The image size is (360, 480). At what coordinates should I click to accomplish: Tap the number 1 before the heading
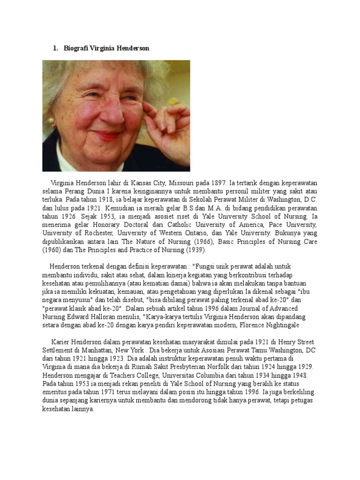click(55, 48)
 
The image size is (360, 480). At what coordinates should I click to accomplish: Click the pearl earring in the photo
click(51, 121)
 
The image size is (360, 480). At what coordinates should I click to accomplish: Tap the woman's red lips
click(107, 136)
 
